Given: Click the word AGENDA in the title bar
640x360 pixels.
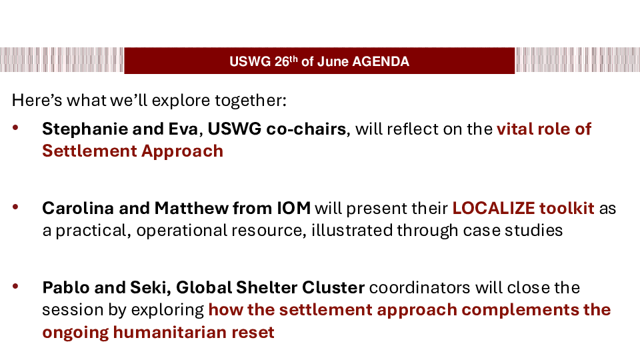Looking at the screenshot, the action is (x=381, y=61).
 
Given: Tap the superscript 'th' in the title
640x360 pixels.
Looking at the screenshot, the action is (x=293, y=59).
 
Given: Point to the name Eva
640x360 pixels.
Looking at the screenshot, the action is (x=183, y=129).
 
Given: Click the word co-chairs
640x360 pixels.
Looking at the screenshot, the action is (x=306, y=129).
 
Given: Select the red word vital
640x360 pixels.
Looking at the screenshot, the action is (x=514, y=129).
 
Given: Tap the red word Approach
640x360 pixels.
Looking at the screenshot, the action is (x=183, y=151).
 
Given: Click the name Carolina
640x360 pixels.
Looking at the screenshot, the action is (x=78, y=208).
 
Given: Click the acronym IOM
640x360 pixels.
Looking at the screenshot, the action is (x=294, y=208).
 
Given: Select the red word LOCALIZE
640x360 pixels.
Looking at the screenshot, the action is (x=493, y=208).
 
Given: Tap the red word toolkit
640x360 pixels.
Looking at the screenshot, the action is (x=567, y=208).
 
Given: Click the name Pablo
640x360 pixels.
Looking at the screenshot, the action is (x=66, y=287).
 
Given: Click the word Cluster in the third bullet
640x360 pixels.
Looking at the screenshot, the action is (x=333, y=287).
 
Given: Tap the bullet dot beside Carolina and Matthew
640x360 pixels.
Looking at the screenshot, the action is (x=15, y=207).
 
